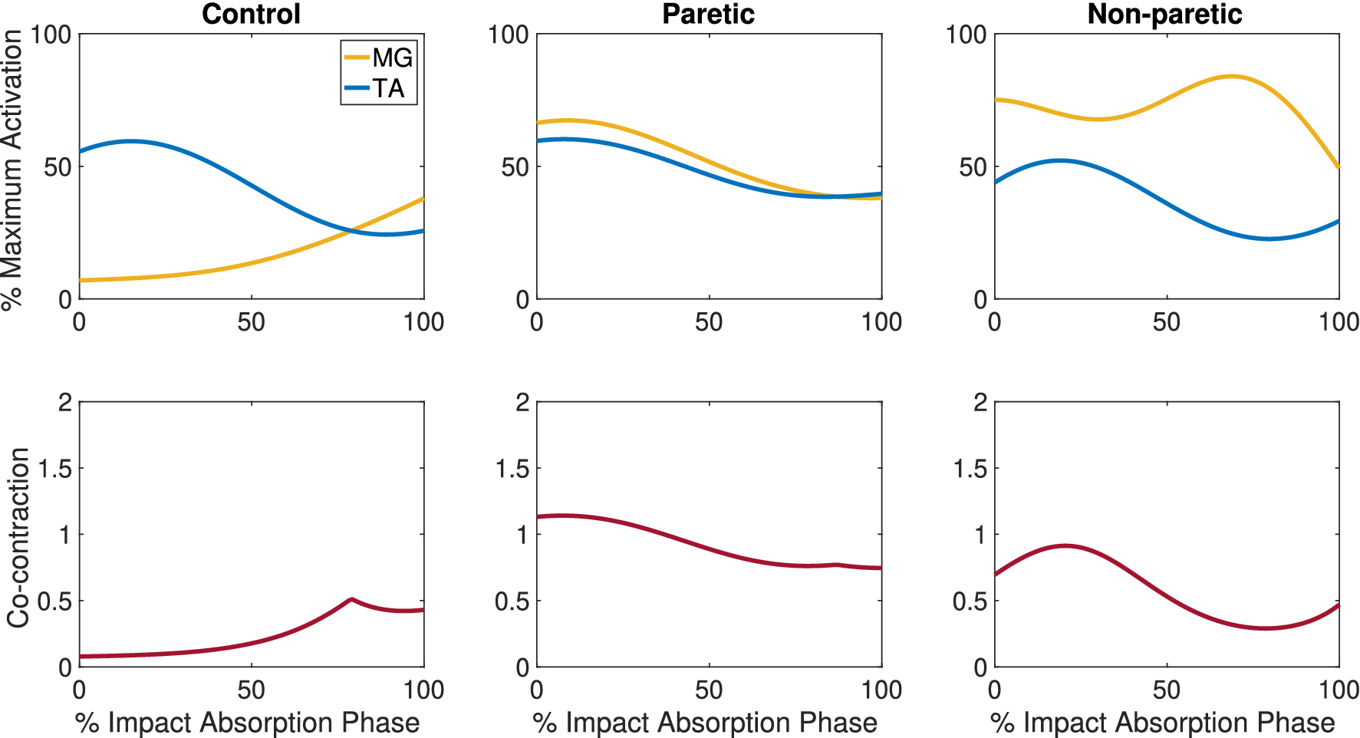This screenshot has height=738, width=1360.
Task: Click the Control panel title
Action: click(x=251, y=14)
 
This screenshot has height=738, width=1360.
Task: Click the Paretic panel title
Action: click(x=708, y=14)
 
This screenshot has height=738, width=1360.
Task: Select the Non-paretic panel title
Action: click(x=1164, y=14)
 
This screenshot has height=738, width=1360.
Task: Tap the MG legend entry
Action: click(x=392, y=58)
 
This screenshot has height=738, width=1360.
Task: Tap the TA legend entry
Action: click(x=388, y=88)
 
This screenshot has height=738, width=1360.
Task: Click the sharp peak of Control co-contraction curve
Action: click(x=351, y=599)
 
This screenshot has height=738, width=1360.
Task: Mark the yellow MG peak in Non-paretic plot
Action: click(x=1231, y=76)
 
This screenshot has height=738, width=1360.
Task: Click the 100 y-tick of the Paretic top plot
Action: click(x=509, y=35)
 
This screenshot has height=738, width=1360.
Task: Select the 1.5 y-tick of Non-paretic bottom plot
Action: click(x=970, y=468)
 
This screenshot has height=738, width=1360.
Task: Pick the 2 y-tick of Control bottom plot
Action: click(x=64, y=402)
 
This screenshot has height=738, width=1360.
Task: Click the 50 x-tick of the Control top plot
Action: click(x=251, y=321)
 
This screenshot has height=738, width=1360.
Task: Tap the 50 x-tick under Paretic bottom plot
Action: click(x=708, y=690)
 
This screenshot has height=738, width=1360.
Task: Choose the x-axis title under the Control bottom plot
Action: click(x=247, y=723)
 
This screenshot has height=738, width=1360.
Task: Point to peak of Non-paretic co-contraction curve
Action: click(x=1065, y=545)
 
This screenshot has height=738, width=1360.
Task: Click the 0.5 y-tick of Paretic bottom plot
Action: click(x=512, y=601)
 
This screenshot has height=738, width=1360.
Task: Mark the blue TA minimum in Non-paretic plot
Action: click(x=1269, y=239)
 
